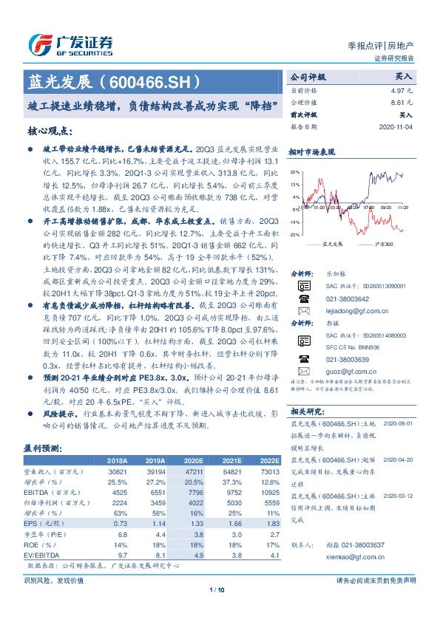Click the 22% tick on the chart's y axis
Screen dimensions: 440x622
[295, 171]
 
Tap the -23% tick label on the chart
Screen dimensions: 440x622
[294, 234]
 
